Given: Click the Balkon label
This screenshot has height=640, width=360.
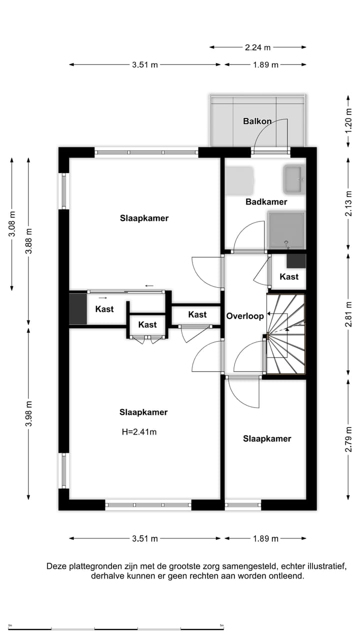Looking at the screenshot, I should tap(257, 121).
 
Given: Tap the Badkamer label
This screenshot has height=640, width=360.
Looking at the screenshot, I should tap(266, 202).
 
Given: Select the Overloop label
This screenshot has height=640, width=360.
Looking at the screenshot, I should tap(245, 316).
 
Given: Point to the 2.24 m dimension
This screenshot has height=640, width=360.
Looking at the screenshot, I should tap(257, 47).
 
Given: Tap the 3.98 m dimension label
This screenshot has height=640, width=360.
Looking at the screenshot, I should tap(28, 414).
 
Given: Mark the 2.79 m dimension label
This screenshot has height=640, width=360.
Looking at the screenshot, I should tap(348, 438).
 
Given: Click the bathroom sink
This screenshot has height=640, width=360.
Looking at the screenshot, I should tap(294, 179).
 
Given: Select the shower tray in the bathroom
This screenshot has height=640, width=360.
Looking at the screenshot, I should tap(286, 230).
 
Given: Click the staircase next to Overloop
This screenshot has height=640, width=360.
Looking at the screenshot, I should tap(285, 334).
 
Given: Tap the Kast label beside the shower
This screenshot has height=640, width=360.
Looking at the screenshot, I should tap(289, 276).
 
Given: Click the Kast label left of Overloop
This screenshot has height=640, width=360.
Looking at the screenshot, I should tap(197, 314).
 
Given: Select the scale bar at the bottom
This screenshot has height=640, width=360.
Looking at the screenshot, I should tap(115, 628).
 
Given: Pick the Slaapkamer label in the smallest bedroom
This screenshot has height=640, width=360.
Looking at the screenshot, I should tap(267, 439).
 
